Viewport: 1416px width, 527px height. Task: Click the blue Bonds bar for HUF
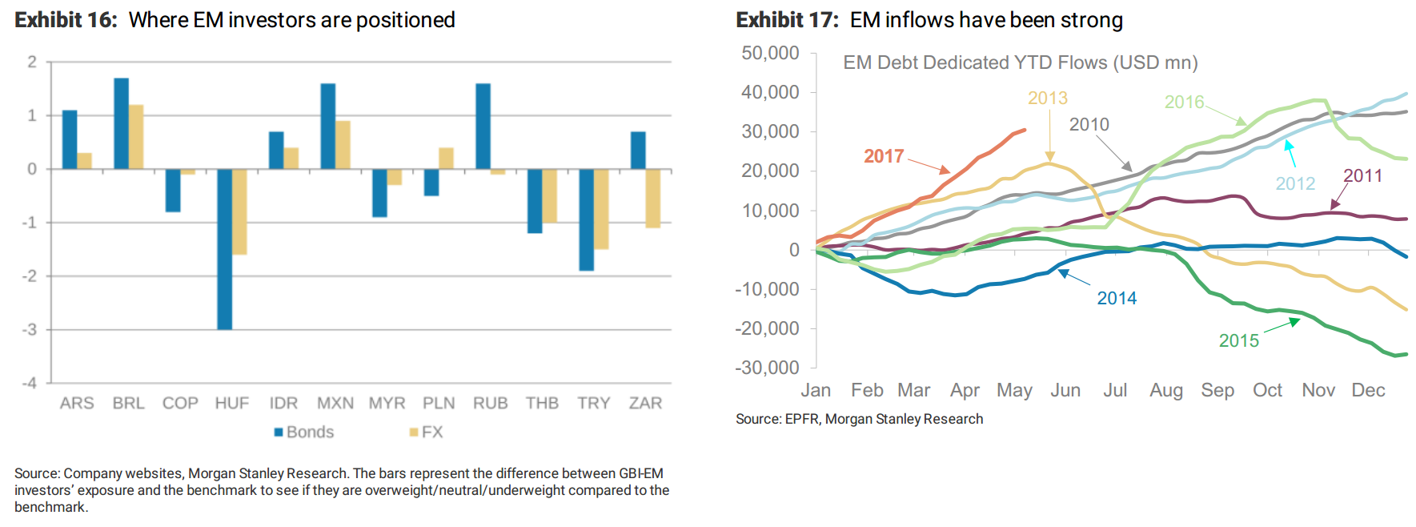224,248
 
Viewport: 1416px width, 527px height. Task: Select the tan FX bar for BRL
136,137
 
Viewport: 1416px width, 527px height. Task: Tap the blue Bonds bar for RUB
483,126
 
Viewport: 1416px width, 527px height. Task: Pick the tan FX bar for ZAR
653,198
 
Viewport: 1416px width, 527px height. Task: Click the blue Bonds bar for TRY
586,219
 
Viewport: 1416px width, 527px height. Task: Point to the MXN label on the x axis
335,403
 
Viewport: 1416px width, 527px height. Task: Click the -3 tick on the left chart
30,329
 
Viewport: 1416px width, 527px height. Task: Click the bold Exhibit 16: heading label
66,20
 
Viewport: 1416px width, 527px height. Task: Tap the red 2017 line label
884,156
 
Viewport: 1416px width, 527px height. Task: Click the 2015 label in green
1238,340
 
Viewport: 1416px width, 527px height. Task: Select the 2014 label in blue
1117,298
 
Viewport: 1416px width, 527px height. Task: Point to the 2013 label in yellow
1047,98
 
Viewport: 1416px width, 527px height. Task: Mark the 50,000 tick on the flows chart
770,53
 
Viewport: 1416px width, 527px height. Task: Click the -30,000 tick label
767,368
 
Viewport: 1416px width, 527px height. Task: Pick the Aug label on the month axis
1165,390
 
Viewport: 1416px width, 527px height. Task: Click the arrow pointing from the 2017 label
929,166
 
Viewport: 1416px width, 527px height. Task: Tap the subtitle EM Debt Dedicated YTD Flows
1020,62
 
